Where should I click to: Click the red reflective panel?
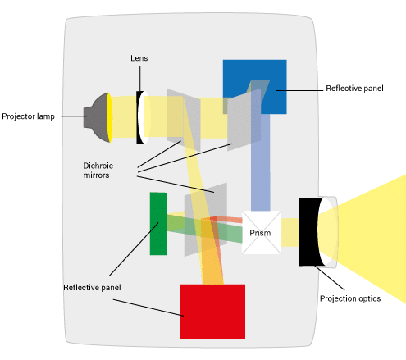pyautogui.click(x=212, y=312)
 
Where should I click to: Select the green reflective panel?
pyautogui.click(x=158, y=224)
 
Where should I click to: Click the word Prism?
pyautogui.click(x=260, y=233)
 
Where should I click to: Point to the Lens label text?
pyautogui.click(x=139, y=58)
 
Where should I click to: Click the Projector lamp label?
pyautogui.click(x=28, y=116)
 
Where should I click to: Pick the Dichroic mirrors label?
pyautogui.click(x=98, y=171)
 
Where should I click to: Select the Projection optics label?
pyautogui.click(x=350, y=298)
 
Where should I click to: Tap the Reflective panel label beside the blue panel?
pyautogui.click(x=354, y=88)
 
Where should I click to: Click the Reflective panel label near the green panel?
pyautogui.click(x=92, y=287)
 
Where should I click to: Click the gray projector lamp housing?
pyautogui.click(x=96, y=117)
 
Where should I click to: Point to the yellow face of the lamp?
pyautogui.click(x=110, y=117)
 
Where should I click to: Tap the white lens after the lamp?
pyautogui.click(x=144, y=117)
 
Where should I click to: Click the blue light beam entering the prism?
pyautogui.click(x=261, y=162)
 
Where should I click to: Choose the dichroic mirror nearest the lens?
pyautogui.click(x=184, y=120)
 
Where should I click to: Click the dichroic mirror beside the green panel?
pyautogui.click(x=206, y=220)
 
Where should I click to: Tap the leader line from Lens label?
pyautogui.click(x=140, y=79)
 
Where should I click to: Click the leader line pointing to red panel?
pyautogui.click(x=148, y=308)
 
